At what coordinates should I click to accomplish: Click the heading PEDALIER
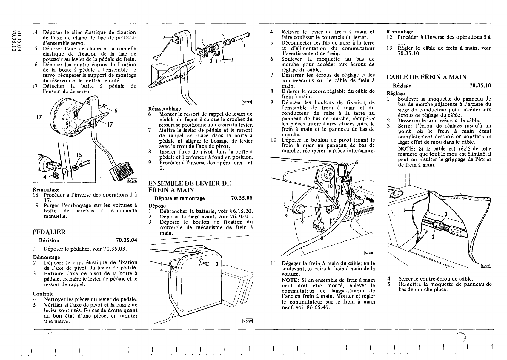pyautogui.click(x=49, y=232)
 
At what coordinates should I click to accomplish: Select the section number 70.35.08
pyautogui.click(x=242, y=198)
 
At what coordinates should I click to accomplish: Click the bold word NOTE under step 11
pyautogui.click(x=290, y=280)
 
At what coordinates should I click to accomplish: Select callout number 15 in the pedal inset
pyautogui.click(x=79, y=155)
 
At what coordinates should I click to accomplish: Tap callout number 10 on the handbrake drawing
pyautogui.click(x=331, y=186)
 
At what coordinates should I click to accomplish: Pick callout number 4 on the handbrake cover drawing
pyautogui.click(x=162, y=271)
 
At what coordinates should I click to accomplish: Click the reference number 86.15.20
pyautogui.click(x=242, y=211)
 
